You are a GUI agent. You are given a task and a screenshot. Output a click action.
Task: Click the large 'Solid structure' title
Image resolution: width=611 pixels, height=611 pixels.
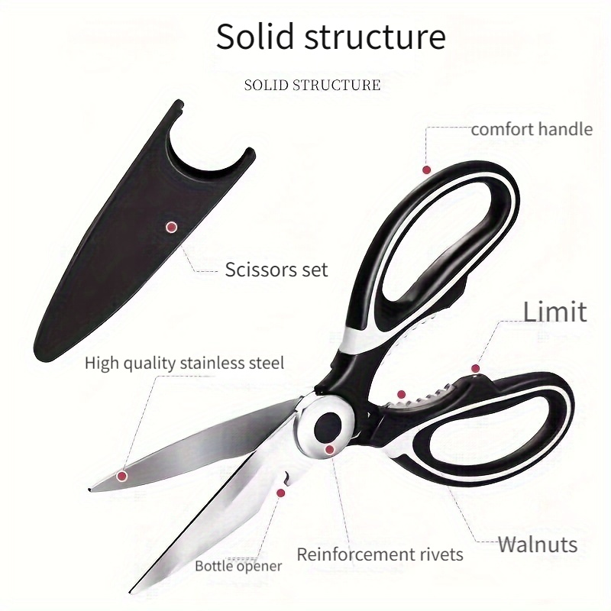pos(331,37)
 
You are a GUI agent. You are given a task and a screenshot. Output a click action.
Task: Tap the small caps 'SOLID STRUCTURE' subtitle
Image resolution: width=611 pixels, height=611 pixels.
pos(312,85)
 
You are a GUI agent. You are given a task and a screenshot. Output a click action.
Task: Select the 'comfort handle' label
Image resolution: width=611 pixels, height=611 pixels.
pos(532,129)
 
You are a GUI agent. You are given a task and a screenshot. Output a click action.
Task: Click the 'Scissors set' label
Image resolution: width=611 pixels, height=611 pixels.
pos(276,270)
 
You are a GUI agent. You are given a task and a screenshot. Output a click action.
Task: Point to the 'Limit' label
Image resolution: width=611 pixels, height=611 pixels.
pos(554,312)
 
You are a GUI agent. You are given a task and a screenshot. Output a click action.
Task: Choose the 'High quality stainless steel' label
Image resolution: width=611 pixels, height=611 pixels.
pos(184,364)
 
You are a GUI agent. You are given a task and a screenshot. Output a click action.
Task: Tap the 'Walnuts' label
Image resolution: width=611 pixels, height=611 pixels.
pos(538,545)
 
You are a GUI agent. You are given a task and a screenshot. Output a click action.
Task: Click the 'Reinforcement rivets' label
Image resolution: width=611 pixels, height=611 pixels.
pos(380,554)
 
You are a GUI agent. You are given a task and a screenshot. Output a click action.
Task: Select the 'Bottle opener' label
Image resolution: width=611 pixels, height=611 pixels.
pos(238,566)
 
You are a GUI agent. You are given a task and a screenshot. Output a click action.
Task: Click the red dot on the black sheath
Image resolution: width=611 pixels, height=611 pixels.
pos(171,227)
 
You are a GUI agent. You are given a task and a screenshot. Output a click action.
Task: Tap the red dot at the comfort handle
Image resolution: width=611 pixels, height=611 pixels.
pos(427,170)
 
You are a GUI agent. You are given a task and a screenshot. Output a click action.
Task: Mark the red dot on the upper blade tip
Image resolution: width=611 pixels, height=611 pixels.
pos(122,475)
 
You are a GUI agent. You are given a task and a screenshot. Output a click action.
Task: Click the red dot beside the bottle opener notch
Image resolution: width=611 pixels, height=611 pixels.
pos(280,493)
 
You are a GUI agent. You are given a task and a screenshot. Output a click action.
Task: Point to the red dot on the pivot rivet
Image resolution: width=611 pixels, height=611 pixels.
pos(330,450)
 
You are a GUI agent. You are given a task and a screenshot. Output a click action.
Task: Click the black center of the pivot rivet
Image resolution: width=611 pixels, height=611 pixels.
pos(328,427)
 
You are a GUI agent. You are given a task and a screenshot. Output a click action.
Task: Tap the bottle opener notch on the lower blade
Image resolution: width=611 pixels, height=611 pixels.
pos(286,477)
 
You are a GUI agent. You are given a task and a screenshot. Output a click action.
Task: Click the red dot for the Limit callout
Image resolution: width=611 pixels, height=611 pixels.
pos(475,368)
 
